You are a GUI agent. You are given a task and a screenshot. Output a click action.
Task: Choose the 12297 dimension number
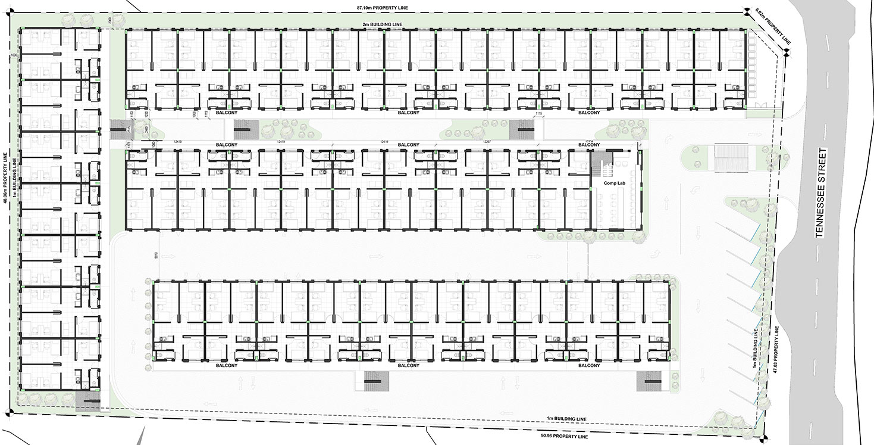click(x=487, y=141)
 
